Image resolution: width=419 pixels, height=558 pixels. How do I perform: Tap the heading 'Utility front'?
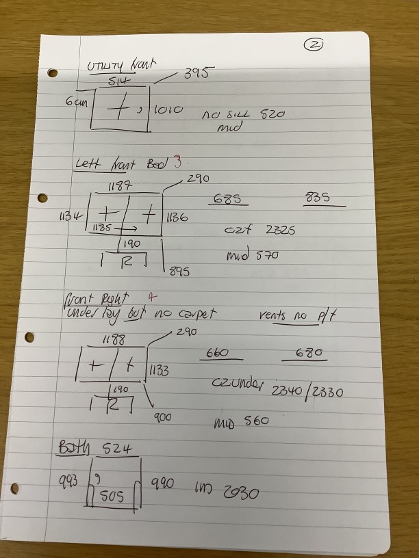point(121,66)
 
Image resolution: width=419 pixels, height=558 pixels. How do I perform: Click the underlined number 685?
point(227,198)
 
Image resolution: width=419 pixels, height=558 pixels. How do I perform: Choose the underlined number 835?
point(318,198)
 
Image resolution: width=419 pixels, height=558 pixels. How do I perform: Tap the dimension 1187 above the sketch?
point(119,185)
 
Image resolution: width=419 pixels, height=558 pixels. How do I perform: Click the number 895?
point(179,271)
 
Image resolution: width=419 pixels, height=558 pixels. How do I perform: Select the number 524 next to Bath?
point(116,449)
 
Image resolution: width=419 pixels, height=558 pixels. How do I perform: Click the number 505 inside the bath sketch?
point(113,496)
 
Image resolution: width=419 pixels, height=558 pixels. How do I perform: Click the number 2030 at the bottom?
point(238,492)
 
